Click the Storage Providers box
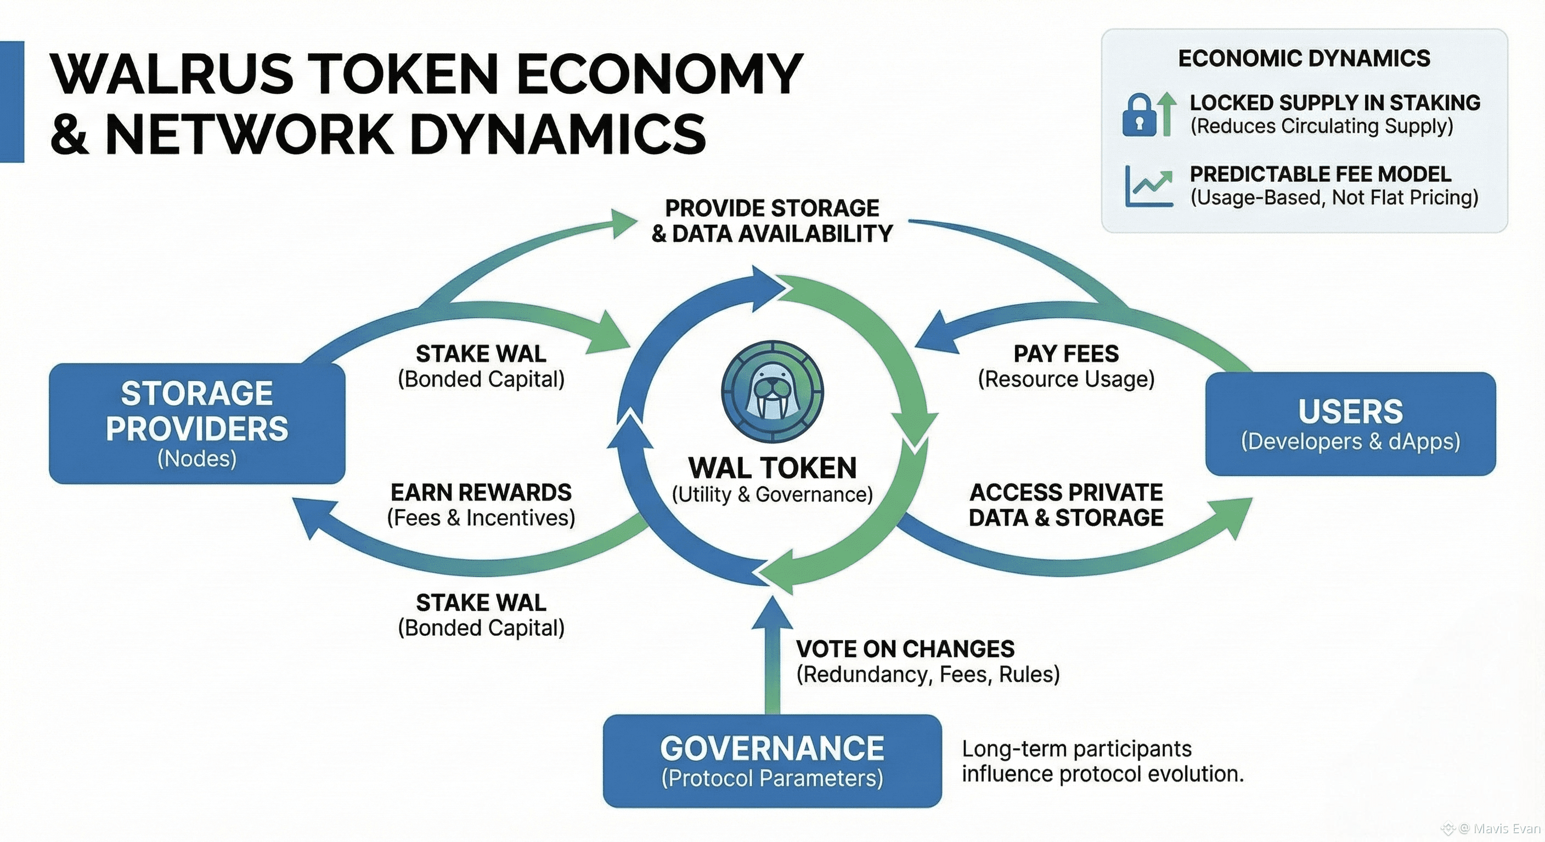pyautogui.click(x=197, y=423)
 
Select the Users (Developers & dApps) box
pyautogui.click(x=1350, y=424)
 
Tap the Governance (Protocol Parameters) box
pyautogui.click(x=772, y=760)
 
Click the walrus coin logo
pyautogui.click(x=772, y=392)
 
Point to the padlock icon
pyautogui.click(x=1139, y=115)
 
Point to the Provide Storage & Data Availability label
pyautogui.click(x=772, y=220)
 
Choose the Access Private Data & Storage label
pyautogui.click(x=1066, y=505)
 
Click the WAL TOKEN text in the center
pyautogui.click(x=772, y=468)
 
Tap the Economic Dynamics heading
pyautogui.click(x=1304, y=59)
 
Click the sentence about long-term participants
pyautogui.click(x=1102, y=760)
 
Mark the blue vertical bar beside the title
pyautogui.click(x=12, y=101)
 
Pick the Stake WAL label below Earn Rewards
pyautogui.click(x=481, y=615)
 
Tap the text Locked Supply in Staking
pyautogui.click(x=1334, y=103)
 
